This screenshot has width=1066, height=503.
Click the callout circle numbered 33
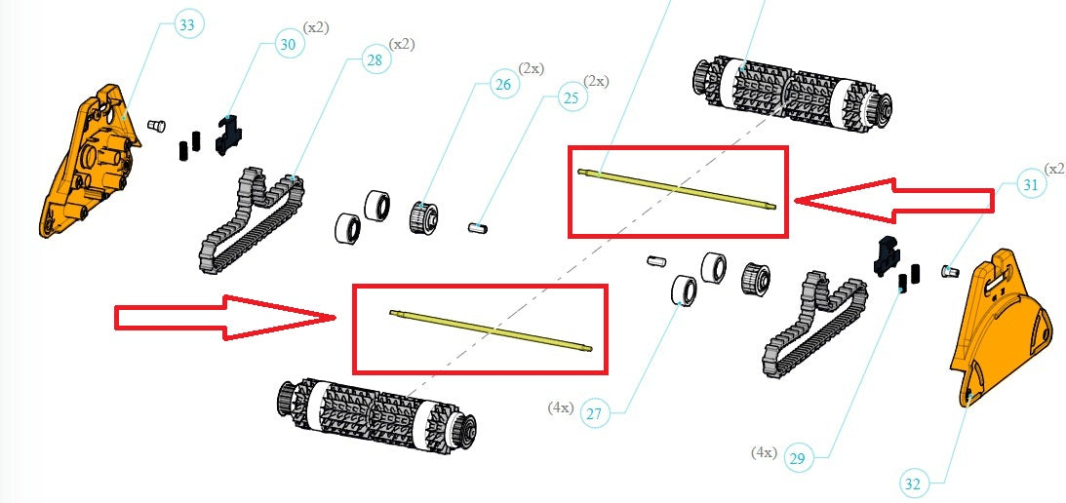pyautogui.click(x=188, y=25)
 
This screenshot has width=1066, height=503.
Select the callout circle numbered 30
pyautogui.click(x=288, y=44)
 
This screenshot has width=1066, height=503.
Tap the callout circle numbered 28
pyautogui.click(x=374, y=60)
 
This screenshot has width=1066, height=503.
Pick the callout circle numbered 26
pyautogui.click(x=502, y=85)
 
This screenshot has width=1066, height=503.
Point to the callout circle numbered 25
pyautogui.click(x=571, y=97)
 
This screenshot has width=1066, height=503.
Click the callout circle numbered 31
pyautogui.click(x=1030, y=183)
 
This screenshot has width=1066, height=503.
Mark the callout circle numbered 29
pyautogui.click(x=797, y=458)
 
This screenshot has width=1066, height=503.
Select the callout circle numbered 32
pyautogui.click(x=912, y=483)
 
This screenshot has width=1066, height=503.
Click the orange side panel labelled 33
pyautogui.click(x=88, y=166)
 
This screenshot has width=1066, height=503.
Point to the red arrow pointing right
pyautogui.click(x=224, y=317)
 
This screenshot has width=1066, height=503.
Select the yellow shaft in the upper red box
pyautogui.click(x=678, y=189)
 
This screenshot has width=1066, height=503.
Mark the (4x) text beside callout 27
pyautogui.click(x=560, y=407)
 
